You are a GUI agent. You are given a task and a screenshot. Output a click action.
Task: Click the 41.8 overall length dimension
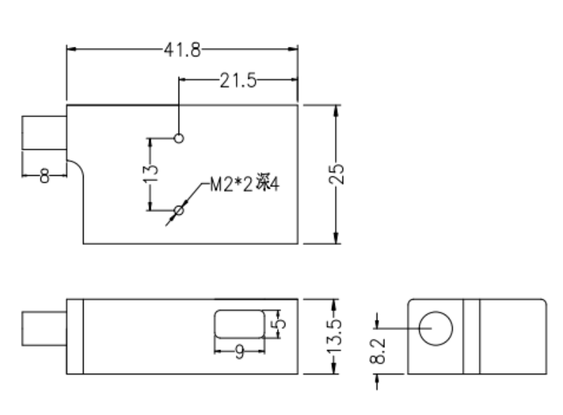182,50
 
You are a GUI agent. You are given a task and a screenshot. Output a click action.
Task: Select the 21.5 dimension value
238,80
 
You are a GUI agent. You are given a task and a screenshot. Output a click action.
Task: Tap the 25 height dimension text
336,174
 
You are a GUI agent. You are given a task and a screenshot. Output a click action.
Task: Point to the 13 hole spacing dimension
151,174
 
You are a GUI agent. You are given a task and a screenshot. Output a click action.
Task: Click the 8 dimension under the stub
44,176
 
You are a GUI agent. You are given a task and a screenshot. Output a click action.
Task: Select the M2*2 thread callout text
244,185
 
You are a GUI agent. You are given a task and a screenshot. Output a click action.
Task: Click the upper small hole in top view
179,138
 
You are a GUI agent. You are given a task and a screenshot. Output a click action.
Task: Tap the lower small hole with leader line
179,211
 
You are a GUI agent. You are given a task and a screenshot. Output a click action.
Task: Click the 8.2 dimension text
377,351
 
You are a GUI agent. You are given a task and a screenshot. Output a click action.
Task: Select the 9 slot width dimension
240,352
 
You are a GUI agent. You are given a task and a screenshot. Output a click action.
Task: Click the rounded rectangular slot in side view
239,324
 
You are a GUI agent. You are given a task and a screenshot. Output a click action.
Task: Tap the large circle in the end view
435,329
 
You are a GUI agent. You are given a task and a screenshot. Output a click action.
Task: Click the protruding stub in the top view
44,133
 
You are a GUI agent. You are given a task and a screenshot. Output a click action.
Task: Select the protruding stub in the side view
44,329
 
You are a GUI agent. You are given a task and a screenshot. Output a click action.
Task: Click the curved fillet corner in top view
79,165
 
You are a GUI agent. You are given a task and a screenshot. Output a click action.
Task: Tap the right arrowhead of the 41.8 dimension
293,49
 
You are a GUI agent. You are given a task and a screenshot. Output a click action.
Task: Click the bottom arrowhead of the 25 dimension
336,238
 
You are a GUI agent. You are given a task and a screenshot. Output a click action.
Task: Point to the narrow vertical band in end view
472,336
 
